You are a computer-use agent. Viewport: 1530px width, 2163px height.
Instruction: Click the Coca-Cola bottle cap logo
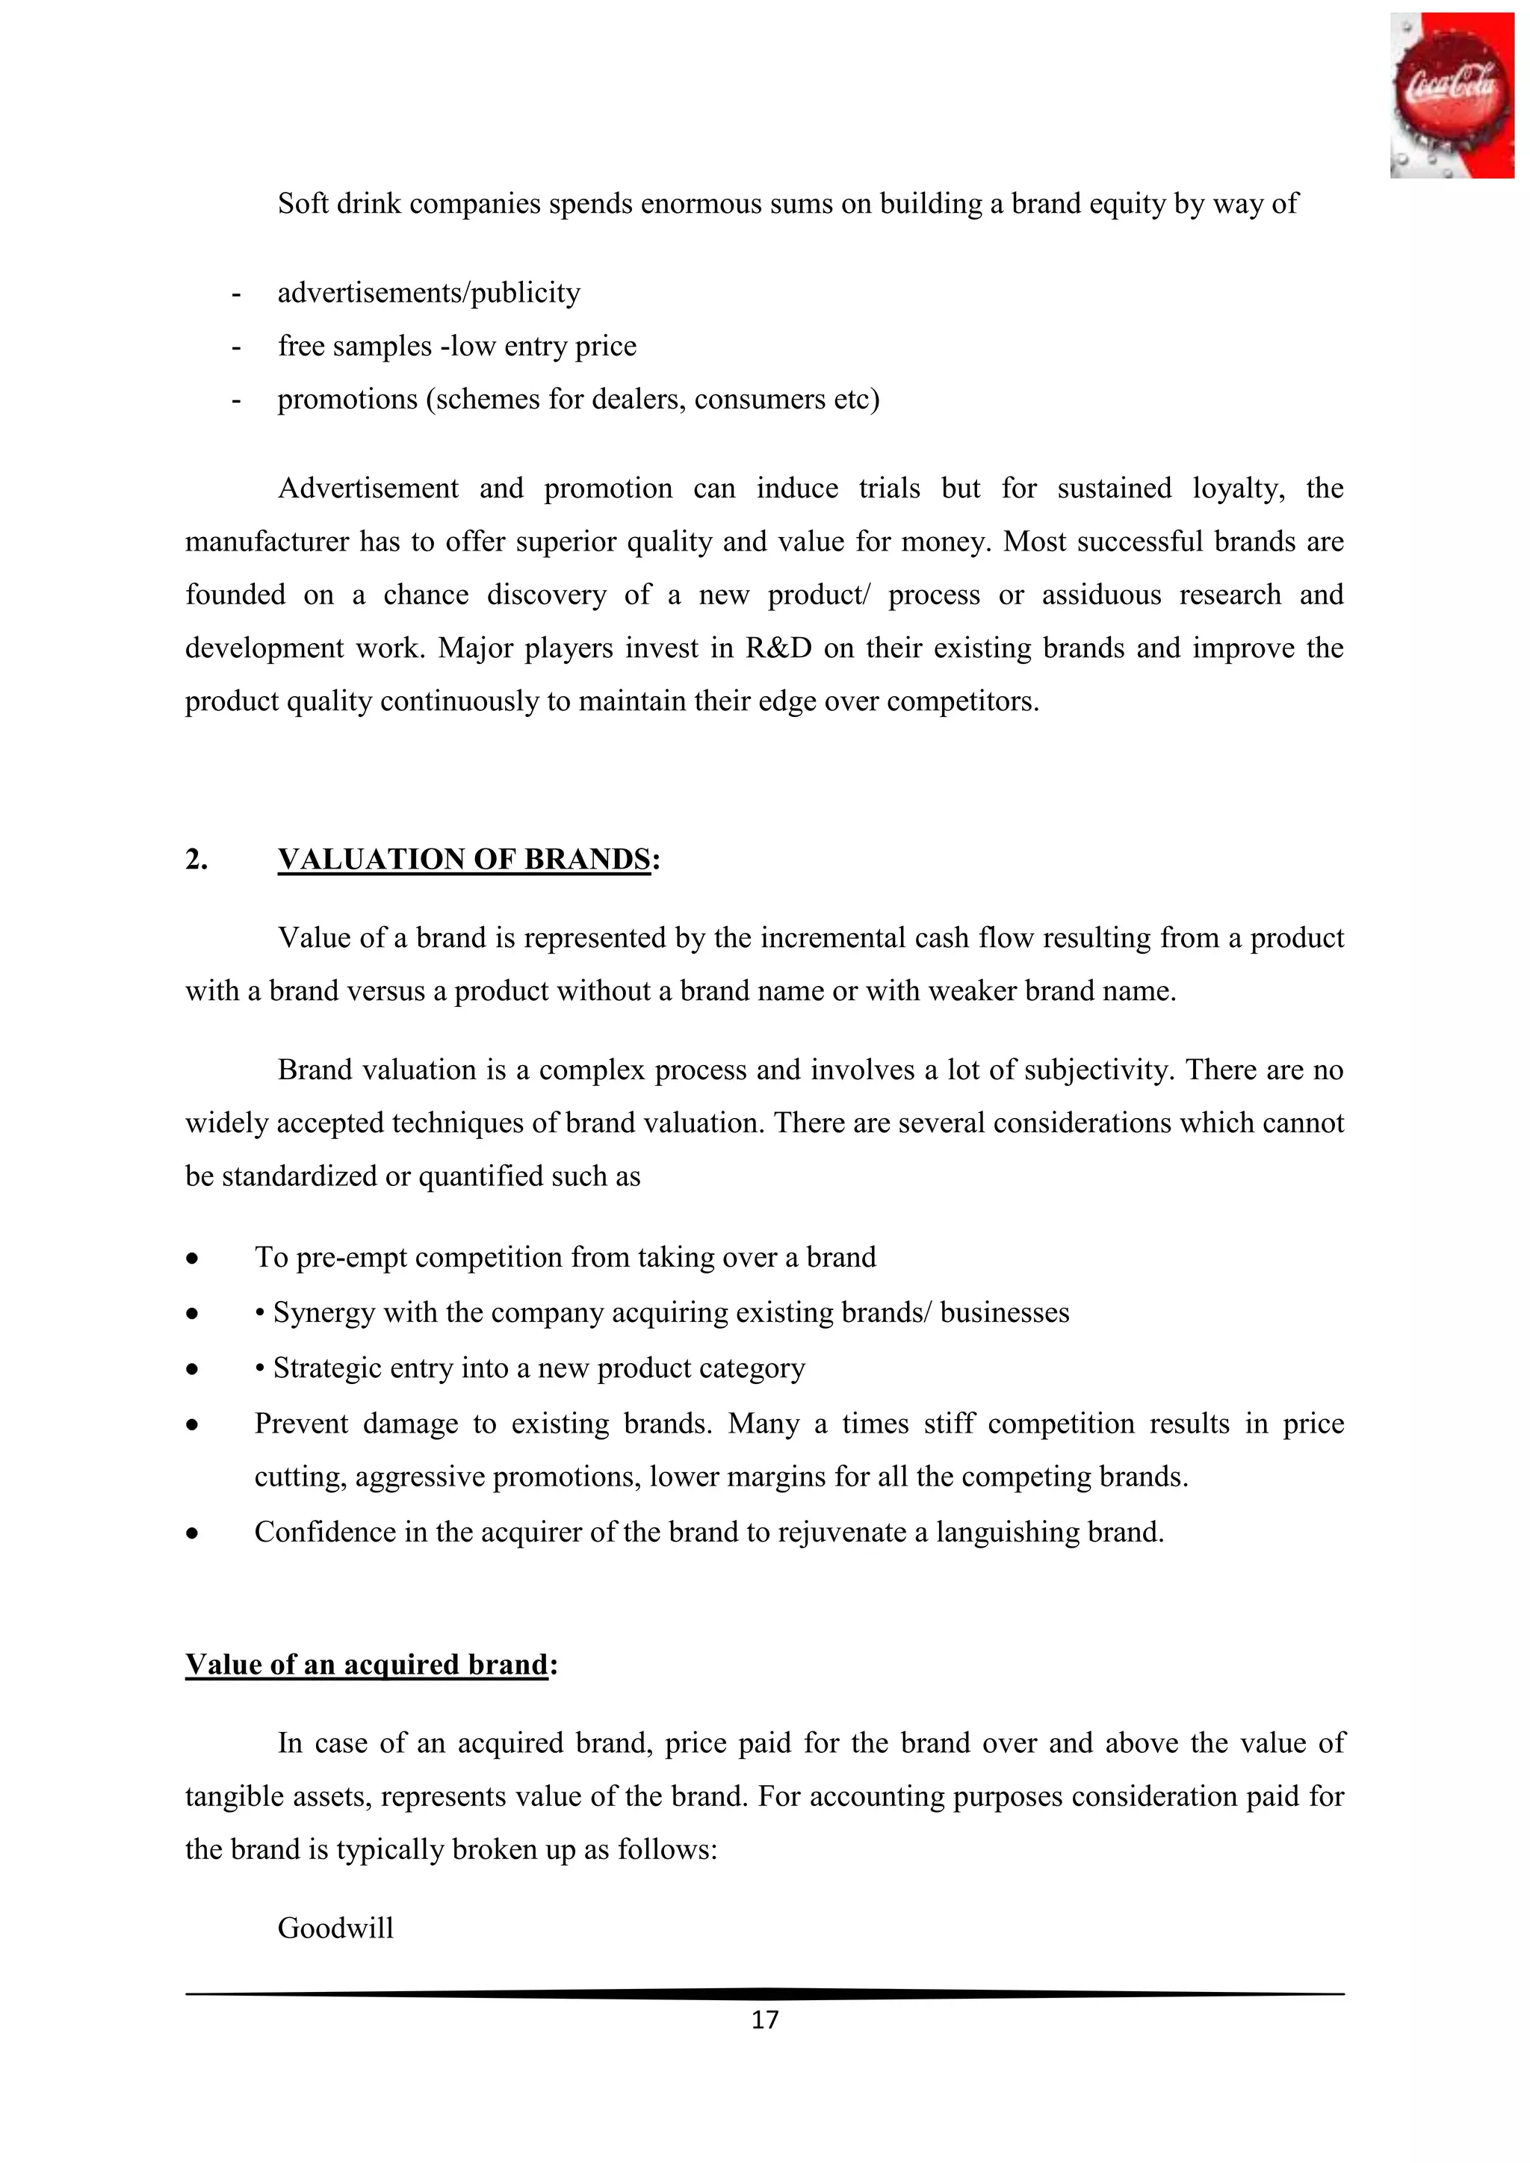pyautogui.click(x=1451, y=95)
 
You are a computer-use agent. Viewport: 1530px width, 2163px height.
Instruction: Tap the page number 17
pyautogui.click(x=765, y=2020)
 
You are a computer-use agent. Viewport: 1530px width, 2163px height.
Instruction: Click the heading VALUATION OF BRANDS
pyautogui.click(x=463, y=859)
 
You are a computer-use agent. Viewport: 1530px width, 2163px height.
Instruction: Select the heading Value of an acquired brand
pyautogui.click(x=367, y=1665)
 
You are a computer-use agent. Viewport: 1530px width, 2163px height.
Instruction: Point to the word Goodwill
pyautogui.click(x=335, y=1928)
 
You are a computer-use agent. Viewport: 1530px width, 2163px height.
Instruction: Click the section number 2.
pyautogui.click(x=196, y=859)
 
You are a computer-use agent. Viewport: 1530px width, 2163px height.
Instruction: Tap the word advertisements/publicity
pyautogui.click(x=429, y=293)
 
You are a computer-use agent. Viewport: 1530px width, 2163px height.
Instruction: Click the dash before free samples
pyautogui.click(x=235, y=347)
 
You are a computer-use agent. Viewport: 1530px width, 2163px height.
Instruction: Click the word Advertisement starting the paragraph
pyautogui.click(x=368, y=489)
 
